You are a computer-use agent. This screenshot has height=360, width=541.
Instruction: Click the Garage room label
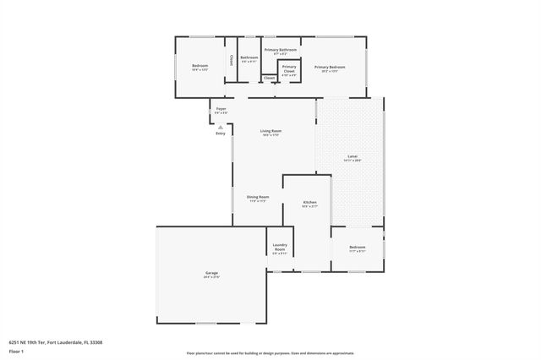tap(211, 274)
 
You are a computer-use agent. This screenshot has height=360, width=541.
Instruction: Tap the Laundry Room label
tap(280, 247)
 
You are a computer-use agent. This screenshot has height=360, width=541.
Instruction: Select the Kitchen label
tap(310, 204)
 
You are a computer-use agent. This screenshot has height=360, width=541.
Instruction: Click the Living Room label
tap(270, 131)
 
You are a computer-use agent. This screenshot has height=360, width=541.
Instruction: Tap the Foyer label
tap(221, 109)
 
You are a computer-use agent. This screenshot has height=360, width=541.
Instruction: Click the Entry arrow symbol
tap(221, 127)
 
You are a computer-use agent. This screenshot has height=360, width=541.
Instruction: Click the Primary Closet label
tap(289, 68)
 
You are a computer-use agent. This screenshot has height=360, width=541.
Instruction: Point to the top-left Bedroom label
tap(199, 66)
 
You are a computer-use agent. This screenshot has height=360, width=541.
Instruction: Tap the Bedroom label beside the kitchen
tap(357, 247)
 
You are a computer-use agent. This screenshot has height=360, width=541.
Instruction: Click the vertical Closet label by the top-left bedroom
tap(232, 61)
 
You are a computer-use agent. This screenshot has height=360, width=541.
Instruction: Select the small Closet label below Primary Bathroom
tap(269, 78)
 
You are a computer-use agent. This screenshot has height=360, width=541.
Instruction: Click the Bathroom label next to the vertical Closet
tap(249, 58)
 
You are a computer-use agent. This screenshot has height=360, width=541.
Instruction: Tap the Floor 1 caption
tap(15, 351)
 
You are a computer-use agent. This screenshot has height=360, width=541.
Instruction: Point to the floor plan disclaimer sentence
tap(270, 354)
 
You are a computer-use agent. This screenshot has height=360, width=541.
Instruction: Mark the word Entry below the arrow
tap(221, 134)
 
